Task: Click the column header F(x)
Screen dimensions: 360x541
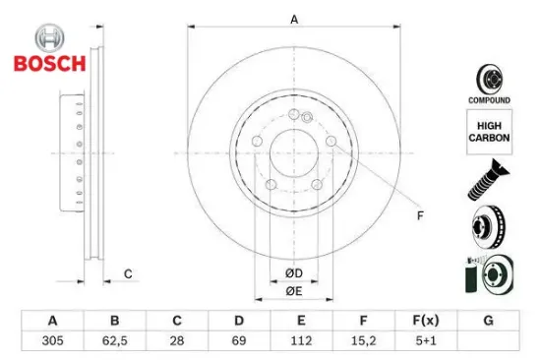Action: pos(427,321)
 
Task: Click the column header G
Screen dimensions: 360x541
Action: pos(489,321)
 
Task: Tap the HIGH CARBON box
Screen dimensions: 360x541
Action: pos(488,131)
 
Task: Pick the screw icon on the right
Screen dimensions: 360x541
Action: pos(488,182)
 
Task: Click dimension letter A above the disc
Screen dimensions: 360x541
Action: pos(293,18)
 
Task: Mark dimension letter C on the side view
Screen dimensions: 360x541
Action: pos(127,273)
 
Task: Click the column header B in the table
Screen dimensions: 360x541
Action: pos(114,321)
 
